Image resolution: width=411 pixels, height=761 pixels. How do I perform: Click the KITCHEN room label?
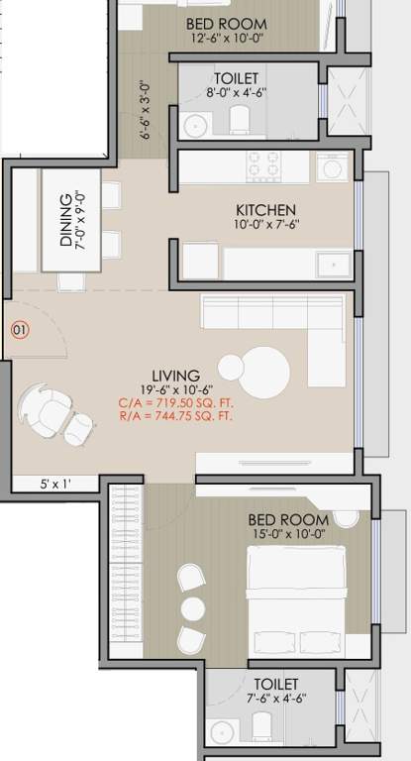[x=264, y=210]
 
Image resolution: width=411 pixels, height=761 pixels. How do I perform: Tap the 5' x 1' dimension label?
[x=55, y=485]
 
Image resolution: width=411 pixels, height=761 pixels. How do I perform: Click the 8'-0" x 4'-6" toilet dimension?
[x=236, y=92]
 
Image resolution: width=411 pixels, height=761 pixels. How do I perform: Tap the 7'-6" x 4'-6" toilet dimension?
[x=276, y=699]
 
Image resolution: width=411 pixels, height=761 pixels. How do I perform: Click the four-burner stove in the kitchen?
[x=264, y=165]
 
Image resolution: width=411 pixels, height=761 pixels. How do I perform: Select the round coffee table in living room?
[x=264, y=371]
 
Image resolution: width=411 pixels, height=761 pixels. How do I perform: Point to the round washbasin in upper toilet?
[x=193, y=125]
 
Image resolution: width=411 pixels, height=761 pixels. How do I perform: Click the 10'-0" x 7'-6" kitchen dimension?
[x=264, y=226]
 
